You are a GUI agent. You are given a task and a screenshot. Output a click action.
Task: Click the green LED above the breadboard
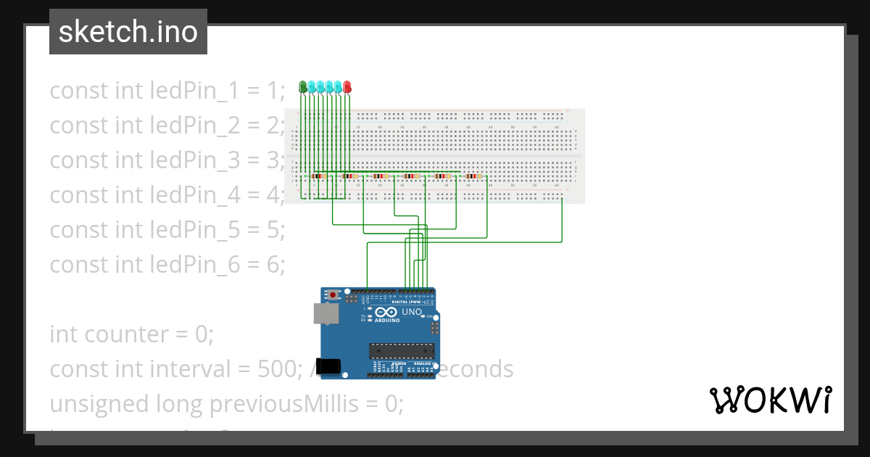[303, 87]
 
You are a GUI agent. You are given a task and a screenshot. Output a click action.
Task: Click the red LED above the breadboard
[347, 87]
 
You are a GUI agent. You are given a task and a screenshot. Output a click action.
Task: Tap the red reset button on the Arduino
[333, 295]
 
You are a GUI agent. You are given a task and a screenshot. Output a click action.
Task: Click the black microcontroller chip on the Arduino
[397, 351]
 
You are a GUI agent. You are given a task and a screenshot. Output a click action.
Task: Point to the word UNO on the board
[412, 312]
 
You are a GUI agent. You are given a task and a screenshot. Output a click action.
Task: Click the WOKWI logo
[770, 400]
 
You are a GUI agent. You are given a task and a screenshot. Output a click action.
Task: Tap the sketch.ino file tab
[128, 32]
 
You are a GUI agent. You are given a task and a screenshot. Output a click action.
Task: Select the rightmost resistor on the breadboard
[475, 176]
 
